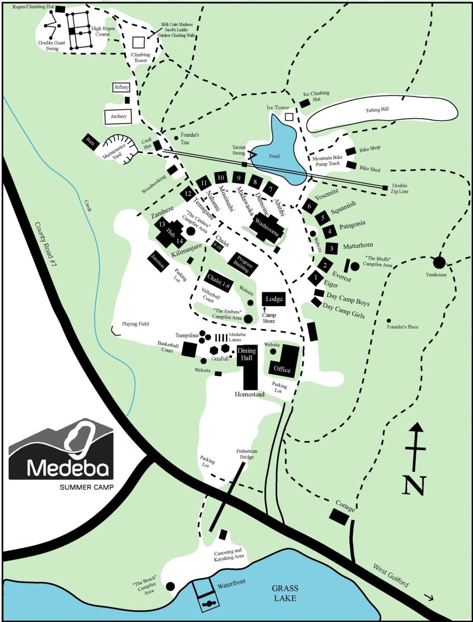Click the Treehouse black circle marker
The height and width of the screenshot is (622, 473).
(439, 262)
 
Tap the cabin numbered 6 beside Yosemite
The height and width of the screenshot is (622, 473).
(309, 205)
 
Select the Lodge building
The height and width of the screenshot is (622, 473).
(273, 299)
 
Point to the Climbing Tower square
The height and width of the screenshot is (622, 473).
(138, 43)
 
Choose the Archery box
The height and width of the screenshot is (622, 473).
(119, 117)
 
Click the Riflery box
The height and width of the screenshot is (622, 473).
(121, 88)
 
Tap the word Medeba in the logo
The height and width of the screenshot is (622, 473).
(68, 468)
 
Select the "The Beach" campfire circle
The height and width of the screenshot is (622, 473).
(170, 586)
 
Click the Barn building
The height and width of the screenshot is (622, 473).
(91, 141)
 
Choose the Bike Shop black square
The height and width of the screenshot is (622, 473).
(350, 151)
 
